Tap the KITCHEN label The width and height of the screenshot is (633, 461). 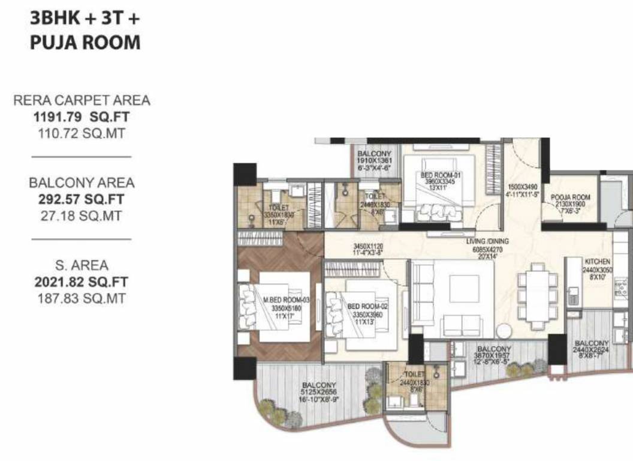click(598, 262)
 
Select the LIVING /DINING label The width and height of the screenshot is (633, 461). click(487, 241)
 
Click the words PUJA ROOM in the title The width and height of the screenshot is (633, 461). click(85, 43)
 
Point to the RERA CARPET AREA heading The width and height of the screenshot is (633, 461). click(81, 101)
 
